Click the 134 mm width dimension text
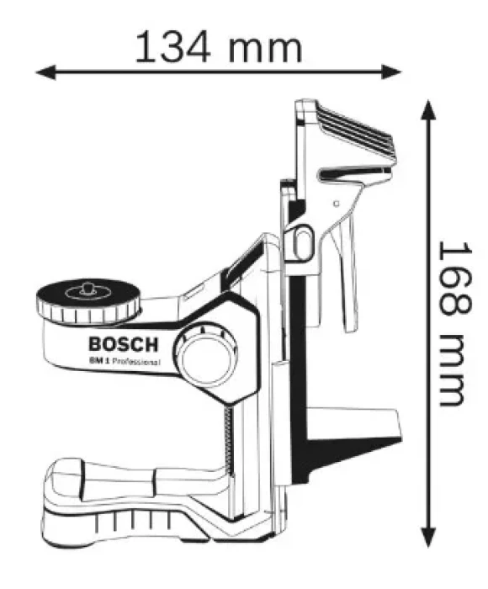pos(218,48)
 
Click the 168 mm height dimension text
pos(454,324)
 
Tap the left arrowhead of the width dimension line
pos(45,72)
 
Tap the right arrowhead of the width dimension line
pos(391,72)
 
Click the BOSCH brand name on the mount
pos(123,344)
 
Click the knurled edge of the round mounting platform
pos(88,314)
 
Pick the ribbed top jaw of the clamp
pos(355,131)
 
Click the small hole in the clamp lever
pos(337,204)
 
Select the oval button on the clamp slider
pos(302,242)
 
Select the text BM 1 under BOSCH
pos(99,361)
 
